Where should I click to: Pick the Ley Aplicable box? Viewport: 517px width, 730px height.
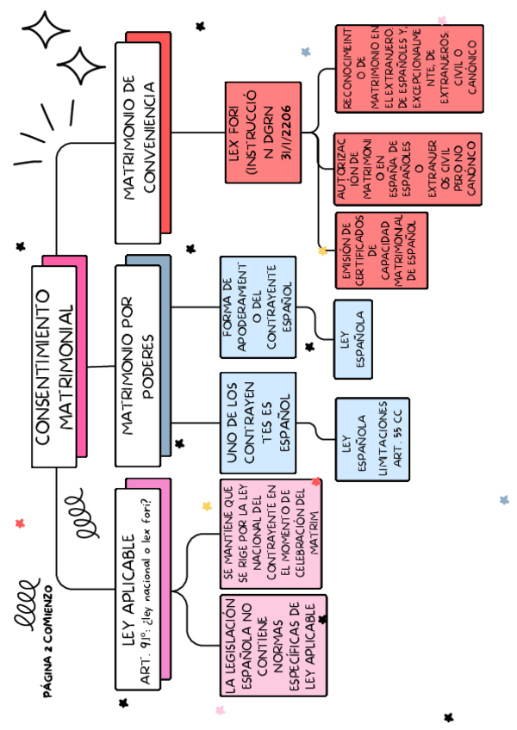pyautogui.click(x=137, y=594)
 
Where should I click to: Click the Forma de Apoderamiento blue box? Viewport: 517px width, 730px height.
pyautogui.click(x=257, y=306)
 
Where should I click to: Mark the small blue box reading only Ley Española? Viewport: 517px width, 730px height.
pyautogui.click(x=358, y=339)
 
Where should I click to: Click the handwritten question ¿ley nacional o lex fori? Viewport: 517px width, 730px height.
pyautogui.click(x=156, y=594)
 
